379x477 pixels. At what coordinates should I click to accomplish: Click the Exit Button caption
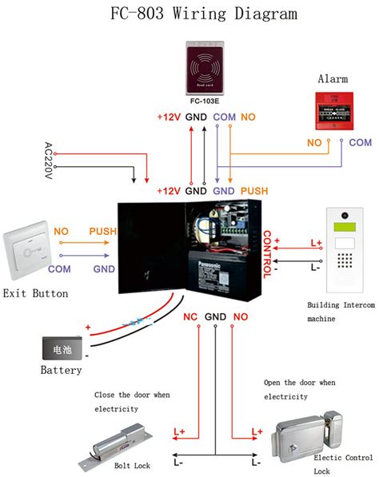(35, 294)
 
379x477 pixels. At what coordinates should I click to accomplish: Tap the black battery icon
(62, 348)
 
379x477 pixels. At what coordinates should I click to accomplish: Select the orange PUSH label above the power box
(254, 192)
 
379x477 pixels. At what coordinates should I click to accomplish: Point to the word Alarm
(333, 79)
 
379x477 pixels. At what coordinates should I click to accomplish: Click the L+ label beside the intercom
(316, 242)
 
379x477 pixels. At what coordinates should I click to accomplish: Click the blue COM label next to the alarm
(361, 142)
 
